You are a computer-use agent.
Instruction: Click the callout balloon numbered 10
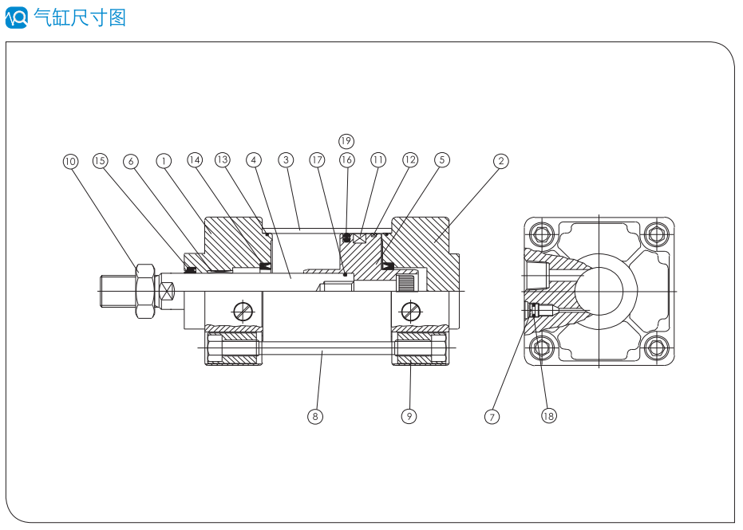pyautogui.click(x=70, y=161)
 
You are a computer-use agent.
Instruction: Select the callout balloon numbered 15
pyautogui.click(x=100, y=161)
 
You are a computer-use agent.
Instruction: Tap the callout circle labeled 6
pyautogui.click(x=131, y=161)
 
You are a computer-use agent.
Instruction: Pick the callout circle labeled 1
pyautogui.click(x=164, y=161)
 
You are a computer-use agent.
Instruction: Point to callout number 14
pyautogui.click(x=195, y=160)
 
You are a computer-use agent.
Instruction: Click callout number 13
pyautogui.click(x=223, y=160)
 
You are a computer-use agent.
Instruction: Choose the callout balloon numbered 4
pyautogui.click(x=254, y=160)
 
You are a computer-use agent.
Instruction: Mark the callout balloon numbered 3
pyautogui.click(x=286, y=160)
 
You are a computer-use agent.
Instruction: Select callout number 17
pyautogui.click(x=318, y=160)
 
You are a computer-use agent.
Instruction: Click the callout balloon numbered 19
pyautogui.click(x=346, y=141)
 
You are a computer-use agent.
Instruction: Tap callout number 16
pyautogui.click(x=346, y=160)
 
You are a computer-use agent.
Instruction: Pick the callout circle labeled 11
pyautogui.click(x=377, y=160)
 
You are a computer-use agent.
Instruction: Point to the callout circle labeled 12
pyautogui.click(x=409, y=160)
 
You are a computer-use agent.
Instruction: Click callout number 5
pyautogui.click(x=441, y=160)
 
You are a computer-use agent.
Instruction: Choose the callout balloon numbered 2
pyautogui.click(x=500, y=161)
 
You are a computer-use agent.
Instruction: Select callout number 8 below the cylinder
pyautogui.click(x=316, y=416)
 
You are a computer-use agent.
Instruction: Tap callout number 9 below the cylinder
pyautogui.click(x=409, y=416)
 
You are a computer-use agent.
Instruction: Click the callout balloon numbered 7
pyautogui.click(x=492, y=416)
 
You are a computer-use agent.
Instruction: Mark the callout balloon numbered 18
pyautogui.click(x=548, y=416)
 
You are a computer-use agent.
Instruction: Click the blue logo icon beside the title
pyautogui.click(x=17, y=17)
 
